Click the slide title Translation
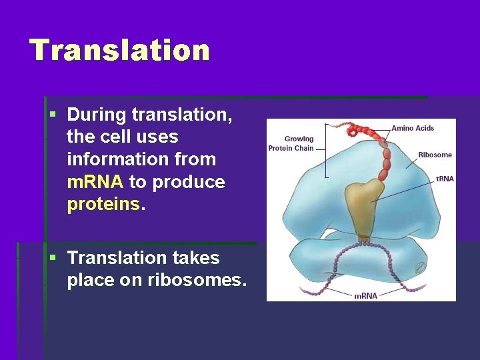(x=119, y=50)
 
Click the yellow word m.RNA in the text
(x=95, y=182)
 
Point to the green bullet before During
(x=53, y=115)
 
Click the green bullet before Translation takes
(x=53, y=257)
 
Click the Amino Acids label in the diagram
(x=413, y=128)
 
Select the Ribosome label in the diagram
(x=435, y=155)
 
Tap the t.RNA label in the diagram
(x=445, y=179)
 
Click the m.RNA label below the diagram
(x=365, y=295)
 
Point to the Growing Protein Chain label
(x=291, y=143)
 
